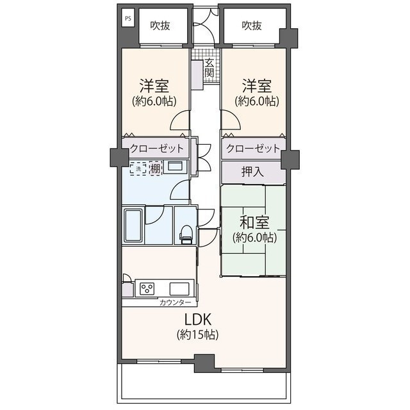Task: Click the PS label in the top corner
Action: [127, 19]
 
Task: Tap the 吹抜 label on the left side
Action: [161, 26]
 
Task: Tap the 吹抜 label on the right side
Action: [252, 26]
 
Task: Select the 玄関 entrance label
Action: [209, 67]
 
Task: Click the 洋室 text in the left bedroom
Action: [154, 86]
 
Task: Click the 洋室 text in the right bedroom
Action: [256, 86]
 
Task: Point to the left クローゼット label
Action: [157, 149]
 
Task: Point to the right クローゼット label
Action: [253, 149]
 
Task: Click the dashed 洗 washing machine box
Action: [138, 169]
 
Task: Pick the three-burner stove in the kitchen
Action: [147, 288]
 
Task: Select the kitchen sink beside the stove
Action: [179, 288]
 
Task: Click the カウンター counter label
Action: [175, 302]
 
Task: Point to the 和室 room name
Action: [254, 222]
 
